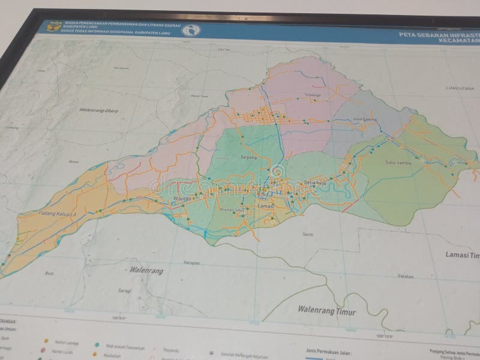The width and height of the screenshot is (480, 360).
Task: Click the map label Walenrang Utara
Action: click(x=98, y=110)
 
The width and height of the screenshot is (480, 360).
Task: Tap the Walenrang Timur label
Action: click(x=326, y=311)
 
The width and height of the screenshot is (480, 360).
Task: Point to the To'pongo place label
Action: click(x=313, y=95)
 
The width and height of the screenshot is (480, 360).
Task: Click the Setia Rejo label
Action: click(x=316, y=184)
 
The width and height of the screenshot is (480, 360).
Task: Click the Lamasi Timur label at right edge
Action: click(x=462, y=255)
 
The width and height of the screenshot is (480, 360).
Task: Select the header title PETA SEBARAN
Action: click(x=439, y=35)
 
